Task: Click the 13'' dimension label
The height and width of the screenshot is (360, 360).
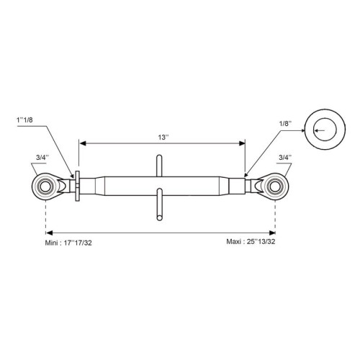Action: [x=163, y=138]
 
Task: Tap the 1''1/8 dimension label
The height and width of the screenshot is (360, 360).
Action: [x=24, y=120]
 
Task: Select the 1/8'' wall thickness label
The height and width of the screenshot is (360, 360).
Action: [x=285, y=123]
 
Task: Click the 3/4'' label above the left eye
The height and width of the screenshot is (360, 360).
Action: [x=42, y=158]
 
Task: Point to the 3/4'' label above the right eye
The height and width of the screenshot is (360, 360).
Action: [x=285, y=158]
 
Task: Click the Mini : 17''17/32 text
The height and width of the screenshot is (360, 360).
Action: [x=68, y=243]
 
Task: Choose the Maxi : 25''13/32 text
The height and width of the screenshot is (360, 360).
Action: [x=251, y=241]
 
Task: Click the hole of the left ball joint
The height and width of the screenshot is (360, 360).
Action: [x=45, y=186]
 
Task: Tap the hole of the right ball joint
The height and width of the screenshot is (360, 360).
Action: [x=275, y=186]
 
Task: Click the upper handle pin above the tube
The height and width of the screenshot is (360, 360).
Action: [x=159, y=166]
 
